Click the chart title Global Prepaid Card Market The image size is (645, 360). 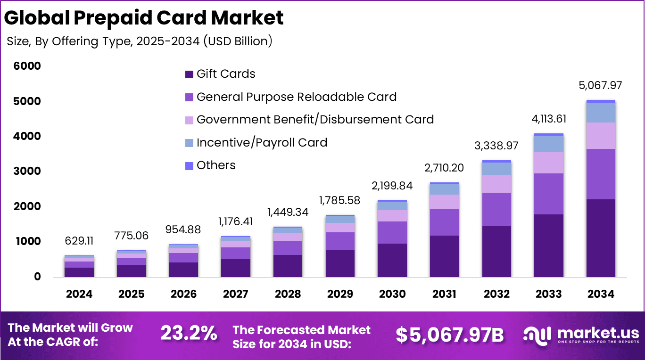click(x=144, y=17)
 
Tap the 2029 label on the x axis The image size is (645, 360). click(x=340, y=294)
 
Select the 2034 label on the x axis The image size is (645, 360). click(x=601, y=294)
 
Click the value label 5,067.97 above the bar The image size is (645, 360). click(x=600, y=86)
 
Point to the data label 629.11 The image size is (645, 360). click(x=79, y=241)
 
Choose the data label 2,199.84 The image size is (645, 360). click(x=392, y=186)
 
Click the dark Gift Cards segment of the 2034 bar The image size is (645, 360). click(x=601, y=237)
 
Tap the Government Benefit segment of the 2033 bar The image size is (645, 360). click(x=549, y=163)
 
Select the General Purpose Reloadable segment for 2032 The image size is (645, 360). click(x=496, y=209)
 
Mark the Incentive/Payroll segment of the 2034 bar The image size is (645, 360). click(x=601, y=112)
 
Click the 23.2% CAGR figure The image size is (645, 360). click(x=189, y=334)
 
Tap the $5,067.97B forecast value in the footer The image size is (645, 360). click(x=449, y=335)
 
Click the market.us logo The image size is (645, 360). click(x=581, y=334)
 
